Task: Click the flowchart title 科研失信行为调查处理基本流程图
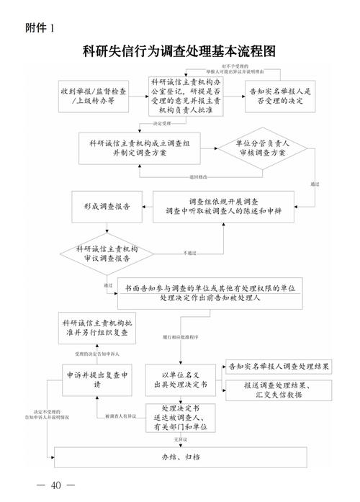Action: [179, 52]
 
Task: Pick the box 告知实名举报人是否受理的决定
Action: [279, 97]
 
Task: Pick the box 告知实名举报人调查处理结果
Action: [278, 367]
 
